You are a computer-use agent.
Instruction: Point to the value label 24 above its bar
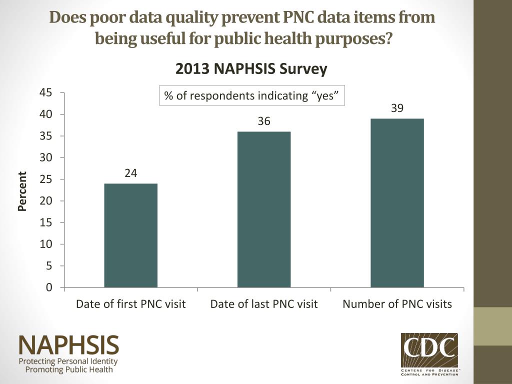pos(131,173)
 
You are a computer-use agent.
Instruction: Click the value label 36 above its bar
pos(264,121)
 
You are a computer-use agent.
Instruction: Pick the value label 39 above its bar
pos(397,108)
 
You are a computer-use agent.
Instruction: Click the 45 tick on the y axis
pos(46,92)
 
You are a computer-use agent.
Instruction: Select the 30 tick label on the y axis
pos(46,157)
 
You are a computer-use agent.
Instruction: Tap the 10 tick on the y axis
pos(46,244)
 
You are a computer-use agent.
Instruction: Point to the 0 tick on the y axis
pos(49,287)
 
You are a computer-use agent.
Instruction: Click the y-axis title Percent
pos(22,191)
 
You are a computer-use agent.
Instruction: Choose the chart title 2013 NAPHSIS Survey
pos(251,69)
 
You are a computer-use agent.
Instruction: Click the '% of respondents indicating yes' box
pos(252,95)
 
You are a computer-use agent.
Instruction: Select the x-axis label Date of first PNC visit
pos(130,304)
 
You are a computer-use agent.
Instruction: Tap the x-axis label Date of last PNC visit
pos(264,304)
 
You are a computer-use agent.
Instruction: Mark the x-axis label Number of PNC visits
pos(397,304)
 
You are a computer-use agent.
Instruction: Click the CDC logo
pos(429,353)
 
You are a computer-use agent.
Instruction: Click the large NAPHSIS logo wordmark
pos(69,345)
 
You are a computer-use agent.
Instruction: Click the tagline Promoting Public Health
pos(69,370)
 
